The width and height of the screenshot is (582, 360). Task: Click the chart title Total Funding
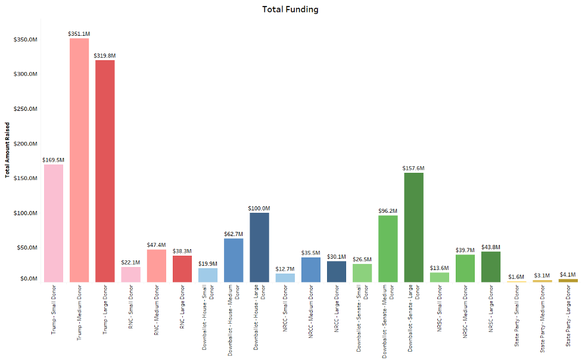pyautogui.click(x=290, y=10)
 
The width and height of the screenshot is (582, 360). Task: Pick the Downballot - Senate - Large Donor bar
pyautogui.click(x=413, y=227)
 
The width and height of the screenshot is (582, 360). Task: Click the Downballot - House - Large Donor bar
pyautogui.click(x=259, y=247)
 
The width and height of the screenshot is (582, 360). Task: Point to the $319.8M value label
pyautogui.click(x=105, y=55)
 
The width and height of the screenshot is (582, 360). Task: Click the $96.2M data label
pyautogui.click(x=388, y=210)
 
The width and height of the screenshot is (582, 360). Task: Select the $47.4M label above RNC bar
pyautogui.click(x=156, y=245)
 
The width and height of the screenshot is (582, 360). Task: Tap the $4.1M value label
pyautogui.click(x=568, y=274)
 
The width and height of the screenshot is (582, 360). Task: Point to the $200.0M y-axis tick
pyautogui.click(x=26, y=144)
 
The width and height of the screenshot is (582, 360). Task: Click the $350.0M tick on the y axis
pyautogui.click(x=26, y=39)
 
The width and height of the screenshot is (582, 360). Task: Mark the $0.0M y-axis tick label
pyautogui.click(x=28, y=278)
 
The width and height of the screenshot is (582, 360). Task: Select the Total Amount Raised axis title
pyautogui.click(x=7, y=150)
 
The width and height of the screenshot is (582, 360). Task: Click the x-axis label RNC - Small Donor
pyautogui.click(x=130, y=310)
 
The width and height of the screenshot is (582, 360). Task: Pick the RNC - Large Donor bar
pyautogui.click(x=182, y=268)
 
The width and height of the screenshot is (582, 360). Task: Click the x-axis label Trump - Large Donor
pyautogui.click(x=105, y=311)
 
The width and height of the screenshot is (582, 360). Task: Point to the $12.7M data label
pyautogui.click(x=285, y=269)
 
